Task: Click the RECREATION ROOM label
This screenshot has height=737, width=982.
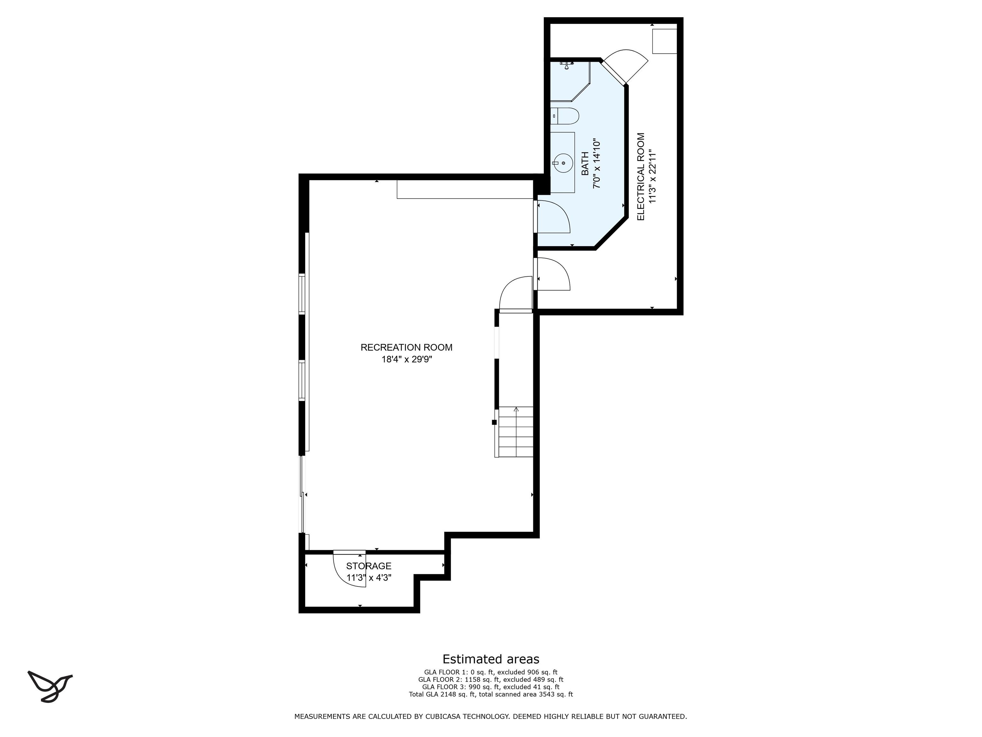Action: point(406,347)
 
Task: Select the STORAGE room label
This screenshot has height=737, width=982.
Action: point(369,566)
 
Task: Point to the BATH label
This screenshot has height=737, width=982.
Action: point(585,163)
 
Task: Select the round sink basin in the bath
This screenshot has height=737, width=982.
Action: point(563,163)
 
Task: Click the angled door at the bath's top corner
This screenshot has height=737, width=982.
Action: point(624,67)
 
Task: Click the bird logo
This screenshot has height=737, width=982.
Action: point(50,686)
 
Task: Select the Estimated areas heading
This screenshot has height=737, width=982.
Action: point(491,659)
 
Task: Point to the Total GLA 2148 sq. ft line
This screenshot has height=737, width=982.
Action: point(491,694)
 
